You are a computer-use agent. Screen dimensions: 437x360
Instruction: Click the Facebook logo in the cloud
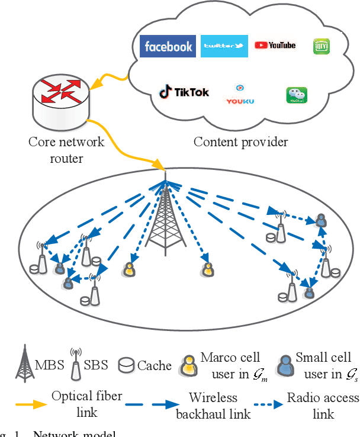pos(168,46)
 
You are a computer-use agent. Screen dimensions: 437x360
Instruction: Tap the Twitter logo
pos(224,46)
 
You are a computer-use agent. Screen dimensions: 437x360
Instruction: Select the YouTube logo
pos(275,45)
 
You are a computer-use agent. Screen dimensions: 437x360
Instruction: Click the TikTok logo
pos(184,92)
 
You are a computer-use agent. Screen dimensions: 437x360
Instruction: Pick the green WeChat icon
pos(297,95)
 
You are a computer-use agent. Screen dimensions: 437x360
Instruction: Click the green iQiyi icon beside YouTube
pos(320,47)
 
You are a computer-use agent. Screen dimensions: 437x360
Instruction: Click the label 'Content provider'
pos(241,142)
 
